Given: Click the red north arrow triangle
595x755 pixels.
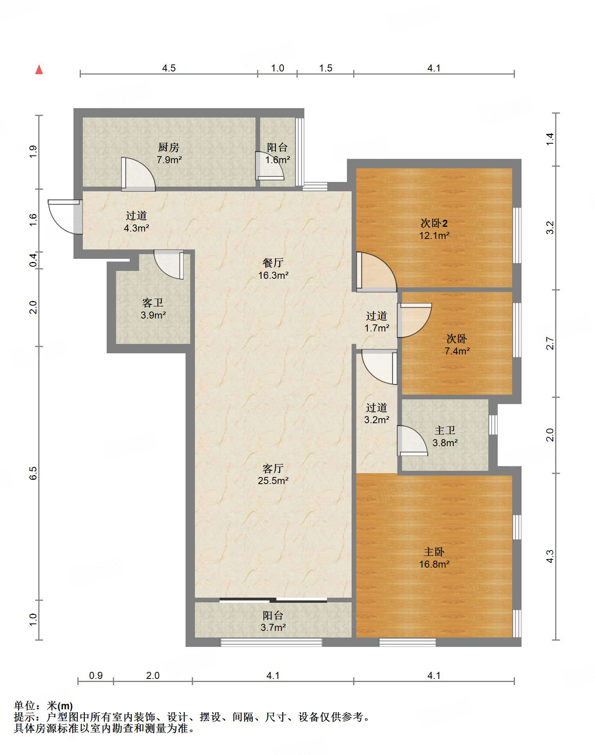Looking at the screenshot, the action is tap(39, 69).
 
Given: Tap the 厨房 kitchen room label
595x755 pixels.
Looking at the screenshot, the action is tap(169, 147).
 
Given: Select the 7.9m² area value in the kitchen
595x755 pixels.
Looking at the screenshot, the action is tap(169, 160).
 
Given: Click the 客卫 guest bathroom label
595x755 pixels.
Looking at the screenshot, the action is tap(153, 303).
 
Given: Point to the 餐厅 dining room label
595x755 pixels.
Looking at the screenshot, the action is tap(273, 263).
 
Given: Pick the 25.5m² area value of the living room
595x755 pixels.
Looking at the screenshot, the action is tap(273, 481).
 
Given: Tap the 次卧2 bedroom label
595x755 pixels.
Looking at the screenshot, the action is tap(434, 223).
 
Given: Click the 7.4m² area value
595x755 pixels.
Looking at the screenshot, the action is tap(457, 351).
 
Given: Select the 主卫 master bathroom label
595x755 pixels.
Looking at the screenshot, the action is tap(445, 430).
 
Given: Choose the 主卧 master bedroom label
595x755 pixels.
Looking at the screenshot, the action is tap(434, 552).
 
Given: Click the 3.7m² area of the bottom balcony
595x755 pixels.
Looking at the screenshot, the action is tap(273, 627).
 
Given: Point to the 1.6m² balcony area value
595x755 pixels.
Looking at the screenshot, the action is tap(277, 160).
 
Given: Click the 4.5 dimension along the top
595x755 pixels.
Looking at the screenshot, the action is tap(169, 68).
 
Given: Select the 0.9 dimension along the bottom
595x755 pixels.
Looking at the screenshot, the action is tap(96, 676).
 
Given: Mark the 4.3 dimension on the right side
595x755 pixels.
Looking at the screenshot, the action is tap(550, 556).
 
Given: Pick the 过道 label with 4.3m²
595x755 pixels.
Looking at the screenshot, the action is tap(136, 215).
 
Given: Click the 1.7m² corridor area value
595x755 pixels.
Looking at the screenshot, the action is tap(377, 328).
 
